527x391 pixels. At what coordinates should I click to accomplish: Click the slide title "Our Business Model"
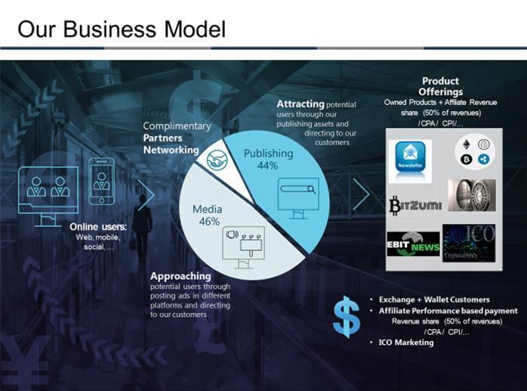click(x=122, y=29)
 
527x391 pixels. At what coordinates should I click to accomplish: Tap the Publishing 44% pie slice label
click(x=268, y=159)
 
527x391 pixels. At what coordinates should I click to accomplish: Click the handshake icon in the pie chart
click(x=217, y=160)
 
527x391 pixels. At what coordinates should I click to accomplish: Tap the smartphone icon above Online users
click(x=100, y=180)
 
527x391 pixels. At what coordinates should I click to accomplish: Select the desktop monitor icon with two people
click(x=48, y=188)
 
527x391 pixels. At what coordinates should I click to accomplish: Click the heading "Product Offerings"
click(x=440, y=86)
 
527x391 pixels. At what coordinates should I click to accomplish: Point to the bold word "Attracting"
click(x=300, y=104)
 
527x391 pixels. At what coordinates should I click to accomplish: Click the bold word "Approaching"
click(x=180, y=276)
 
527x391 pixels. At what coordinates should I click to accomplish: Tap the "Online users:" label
click(x=98, y=226)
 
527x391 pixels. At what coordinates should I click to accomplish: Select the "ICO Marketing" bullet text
click(x=406, y=343)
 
